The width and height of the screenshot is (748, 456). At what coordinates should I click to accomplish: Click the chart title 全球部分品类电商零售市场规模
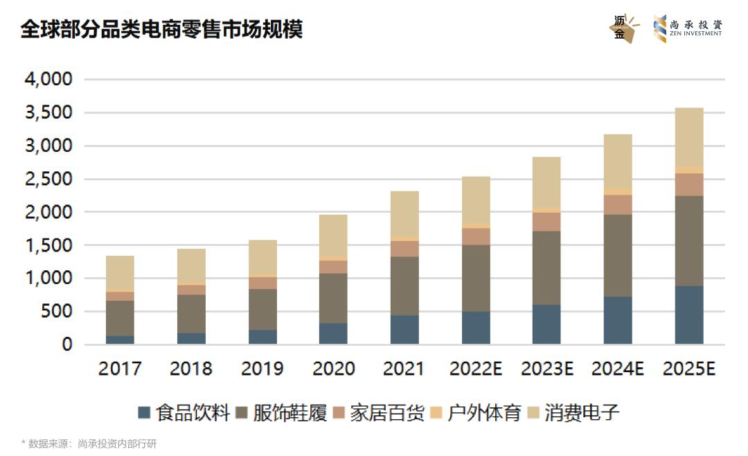(161, 30)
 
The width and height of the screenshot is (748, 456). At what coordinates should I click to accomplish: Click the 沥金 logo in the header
(623, 28)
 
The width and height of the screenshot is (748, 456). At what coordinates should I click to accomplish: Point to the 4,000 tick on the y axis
(48, 80)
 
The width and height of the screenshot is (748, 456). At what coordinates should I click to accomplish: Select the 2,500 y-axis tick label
(48, 179)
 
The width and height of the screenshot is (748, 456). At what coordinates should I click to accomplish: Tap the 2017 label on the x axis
(120, 369)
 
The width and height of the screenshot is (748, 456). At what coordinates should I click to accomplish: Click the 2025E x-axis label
(688, 369)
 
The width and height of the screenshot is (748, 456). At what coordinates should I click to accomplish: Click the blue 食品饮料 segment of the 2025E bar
(689, 315)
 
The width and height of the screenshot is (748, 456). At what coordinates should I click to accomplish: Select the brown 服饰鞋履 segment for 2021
(404, 286)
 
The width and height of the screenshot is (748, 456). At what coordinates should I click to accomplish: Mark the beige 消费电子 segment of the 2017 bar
(120, 272)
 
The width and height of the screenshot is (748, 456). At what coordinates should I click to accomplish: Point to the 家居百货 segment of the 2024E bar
(618, 204)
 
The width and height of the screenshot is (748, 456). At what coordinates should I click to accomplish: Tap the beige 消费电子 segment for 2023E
(546, 182)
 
